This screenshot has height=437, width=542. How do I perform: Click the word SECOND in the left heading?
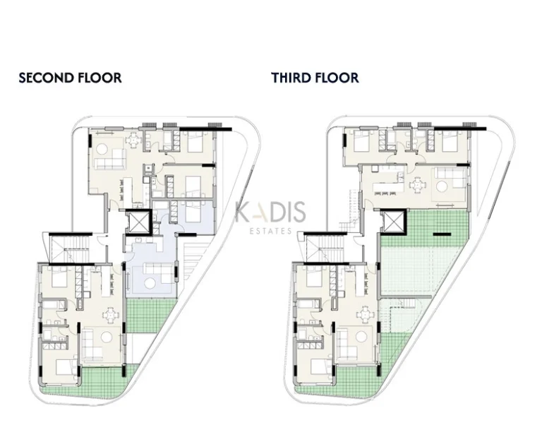click(44, 78)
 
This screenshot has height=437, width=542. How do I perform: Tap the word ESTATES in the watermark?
click(270, 230)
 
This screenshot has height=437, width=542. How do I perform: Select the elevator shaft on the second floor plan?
click(138, 222)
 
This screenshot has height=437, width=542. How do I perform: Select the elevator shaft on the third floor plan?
click(392, 222)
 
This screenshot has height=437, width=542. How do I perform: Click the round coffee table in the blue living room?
click(151, 284)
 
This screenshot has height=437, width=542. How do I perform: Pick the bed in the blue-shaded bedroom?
click(191, 211)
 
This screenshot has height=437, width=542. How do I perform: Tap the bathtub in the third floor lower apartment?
click(307, 306)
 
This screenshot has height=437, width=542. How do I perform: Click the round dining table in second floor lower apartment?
click(110, 314)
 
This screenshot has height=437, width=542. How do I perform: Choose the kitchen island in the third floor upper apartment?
click(385, 190)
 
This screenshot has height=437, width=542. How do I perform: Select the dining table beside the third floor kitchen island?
click(418, 185)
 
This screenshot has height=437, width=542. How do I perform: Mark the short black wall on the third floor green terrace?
click(442, 234)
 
